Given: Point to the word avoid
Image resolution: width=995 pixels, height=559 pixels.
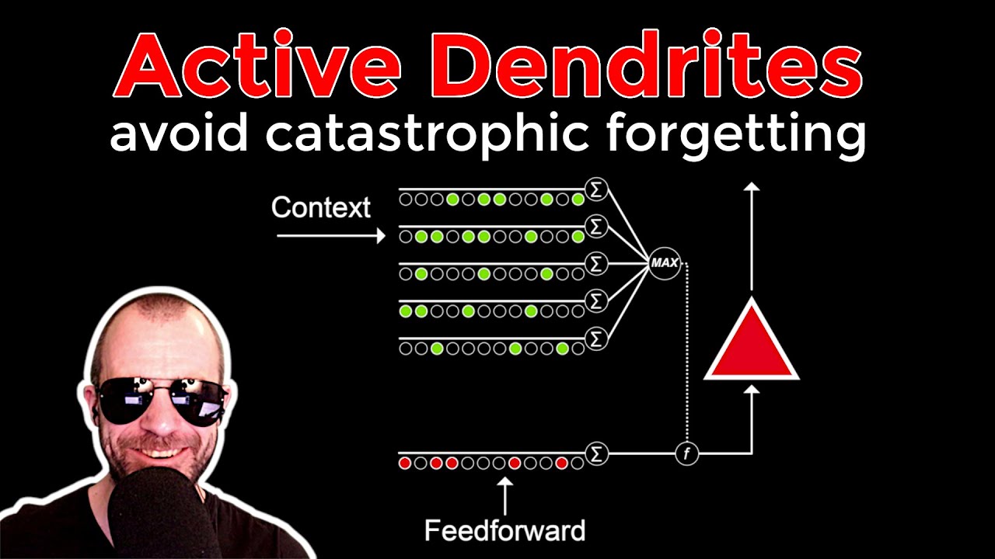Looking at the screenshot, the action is point(179,132).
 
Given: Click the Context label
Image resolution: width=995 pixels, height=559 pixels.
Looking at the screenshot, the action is point(321,207).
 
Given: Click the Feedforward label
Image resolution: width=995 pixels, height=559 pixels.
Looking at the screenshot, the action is point(505,530).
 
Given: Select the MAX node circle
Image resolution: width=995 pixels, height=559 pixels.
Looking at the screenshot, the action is point(665,263).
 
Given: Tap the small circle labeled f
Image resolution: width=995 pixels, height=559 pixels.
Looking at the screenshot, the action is point(686,454).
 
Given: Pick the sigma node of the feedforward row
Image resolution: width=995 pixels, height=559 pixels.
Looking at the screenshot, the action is point(596,453).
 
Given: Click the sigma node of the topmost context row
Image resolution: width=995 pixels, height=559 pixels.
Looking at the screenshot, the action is point(596,189).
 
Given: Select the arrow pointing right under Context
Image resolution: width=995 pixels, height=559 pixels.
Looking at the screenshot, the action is point(331,235).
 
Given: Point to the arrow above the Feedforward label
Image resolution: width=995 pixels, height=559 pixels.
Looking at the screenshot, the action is point(505,496).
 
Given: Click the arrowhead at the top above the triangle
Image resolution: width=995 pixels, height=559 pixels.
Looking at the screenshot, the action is point(752,186).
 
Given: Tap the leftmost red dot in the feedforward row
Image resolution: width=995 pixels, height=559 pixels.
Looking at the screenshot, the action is point(405,464).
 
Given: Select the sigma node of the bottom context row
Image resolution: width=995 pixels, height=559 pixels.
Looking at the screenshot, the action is point(596,339).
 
